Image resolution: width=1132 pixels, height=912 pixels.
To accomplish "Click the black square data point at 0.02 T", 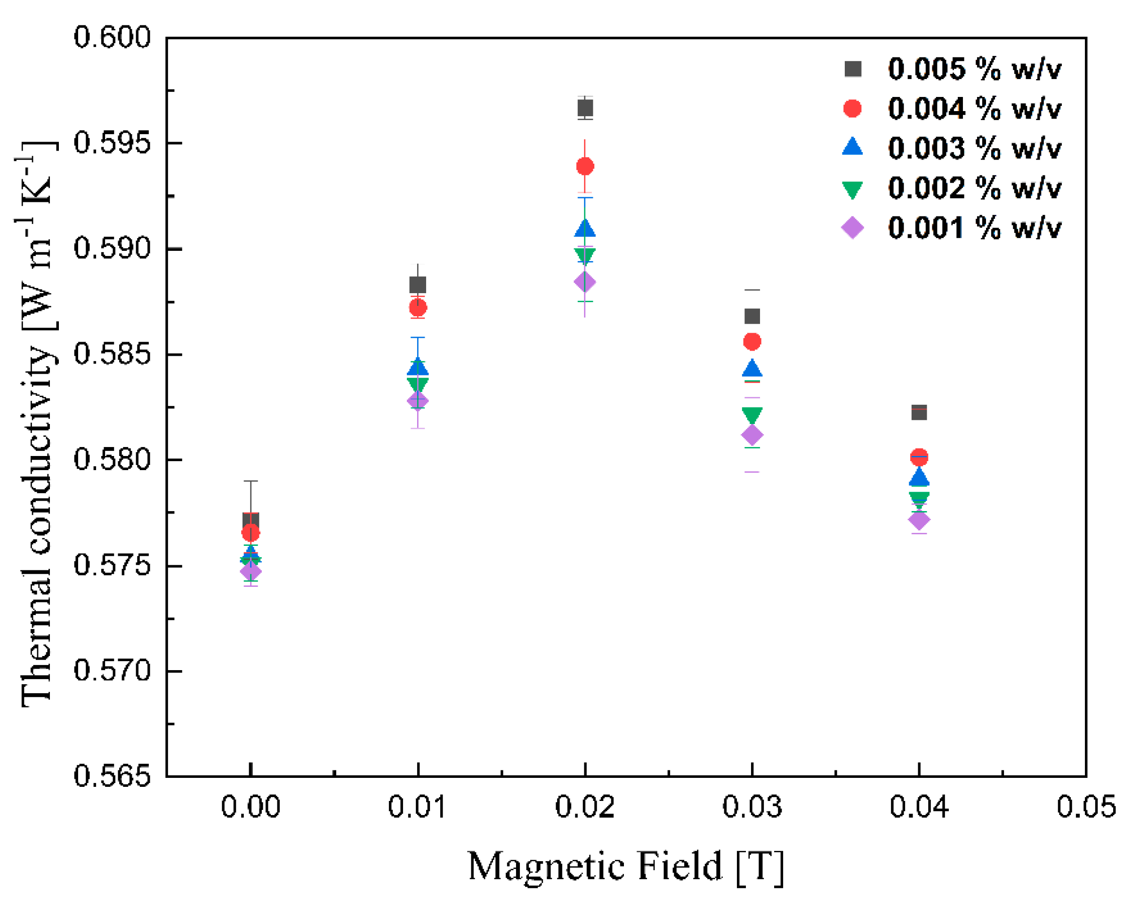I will [585, 109].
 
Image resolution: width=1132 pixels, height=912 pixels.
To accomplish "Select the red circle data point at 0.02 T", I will [585, 167].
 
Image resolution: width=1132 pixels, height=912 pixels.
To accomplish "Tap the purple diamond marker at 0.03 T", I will [752, 435].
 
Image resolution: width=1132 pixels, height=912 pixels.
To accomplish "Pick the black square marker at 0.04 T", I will [919, 412].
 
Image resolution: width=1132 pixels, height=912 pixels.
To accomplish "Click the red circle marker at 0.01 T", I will [418, 308].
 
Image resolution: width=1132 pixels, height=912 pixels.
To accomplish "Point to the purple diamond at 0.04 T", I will [919, 520].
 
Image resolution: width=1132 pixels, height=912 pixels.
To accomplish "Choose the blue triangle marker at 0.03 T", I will [752, 369].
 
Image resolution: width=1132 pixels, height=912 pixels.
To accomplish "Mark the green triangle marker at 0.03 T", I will [752, 415].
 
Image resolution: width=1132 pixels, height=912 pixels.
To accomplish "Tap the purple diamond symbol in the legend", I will [852, 228].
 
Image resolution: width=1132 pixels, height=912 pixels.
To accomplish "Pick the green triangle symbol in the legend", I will [852, 189].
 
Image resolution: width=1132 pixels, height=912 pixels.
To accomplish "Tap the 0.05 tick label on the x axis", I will [1086, 807].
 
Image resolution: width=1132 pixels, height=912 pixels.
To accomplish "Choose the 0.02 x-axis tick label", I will [585, 807].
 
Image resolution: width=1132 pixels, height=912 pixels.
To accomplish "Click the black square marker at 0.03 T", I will [752, 316].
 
